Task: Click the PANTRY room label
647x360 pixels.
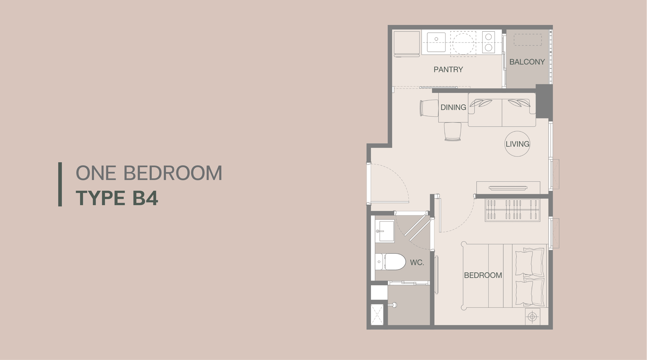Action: pyautogui.click(x=448, y=69)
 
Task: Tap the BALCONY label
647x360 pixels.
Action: pyautogui.click(x=527, y=62)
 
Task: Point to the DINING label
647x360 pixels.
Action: pyautogui.click(x=453, y=107)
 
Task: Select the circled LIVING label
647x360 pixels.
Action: pyautogui.click(x=517, y=144)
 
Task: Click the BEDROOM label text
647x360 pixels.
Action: pyautogui.click(x=483, y=275)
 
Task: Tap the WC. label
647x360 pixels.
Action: pyautogui.click(x=417, y=263)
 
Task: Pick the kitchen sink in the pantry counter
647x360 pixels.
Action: pyautogui.click(x=436, y=42)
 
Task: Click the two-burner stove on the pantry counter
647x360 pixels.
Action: pyautogui.click(x=488, y=42)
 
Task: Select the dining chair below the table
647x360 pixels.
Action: pyautogui.click(x=452, y=131)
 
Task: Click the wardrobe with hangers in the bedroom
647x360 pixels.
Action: pyautogui.click(x=512, y=210)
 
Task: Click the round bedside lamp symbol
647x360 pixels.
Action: pyautogui.click(x=532, y=317)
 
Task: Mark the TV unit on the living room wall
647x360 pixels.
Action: pyautogui.click(x=508, y=187)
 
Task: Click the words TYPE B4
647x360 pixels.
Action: pyautogui.click(x=117, y=198)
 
